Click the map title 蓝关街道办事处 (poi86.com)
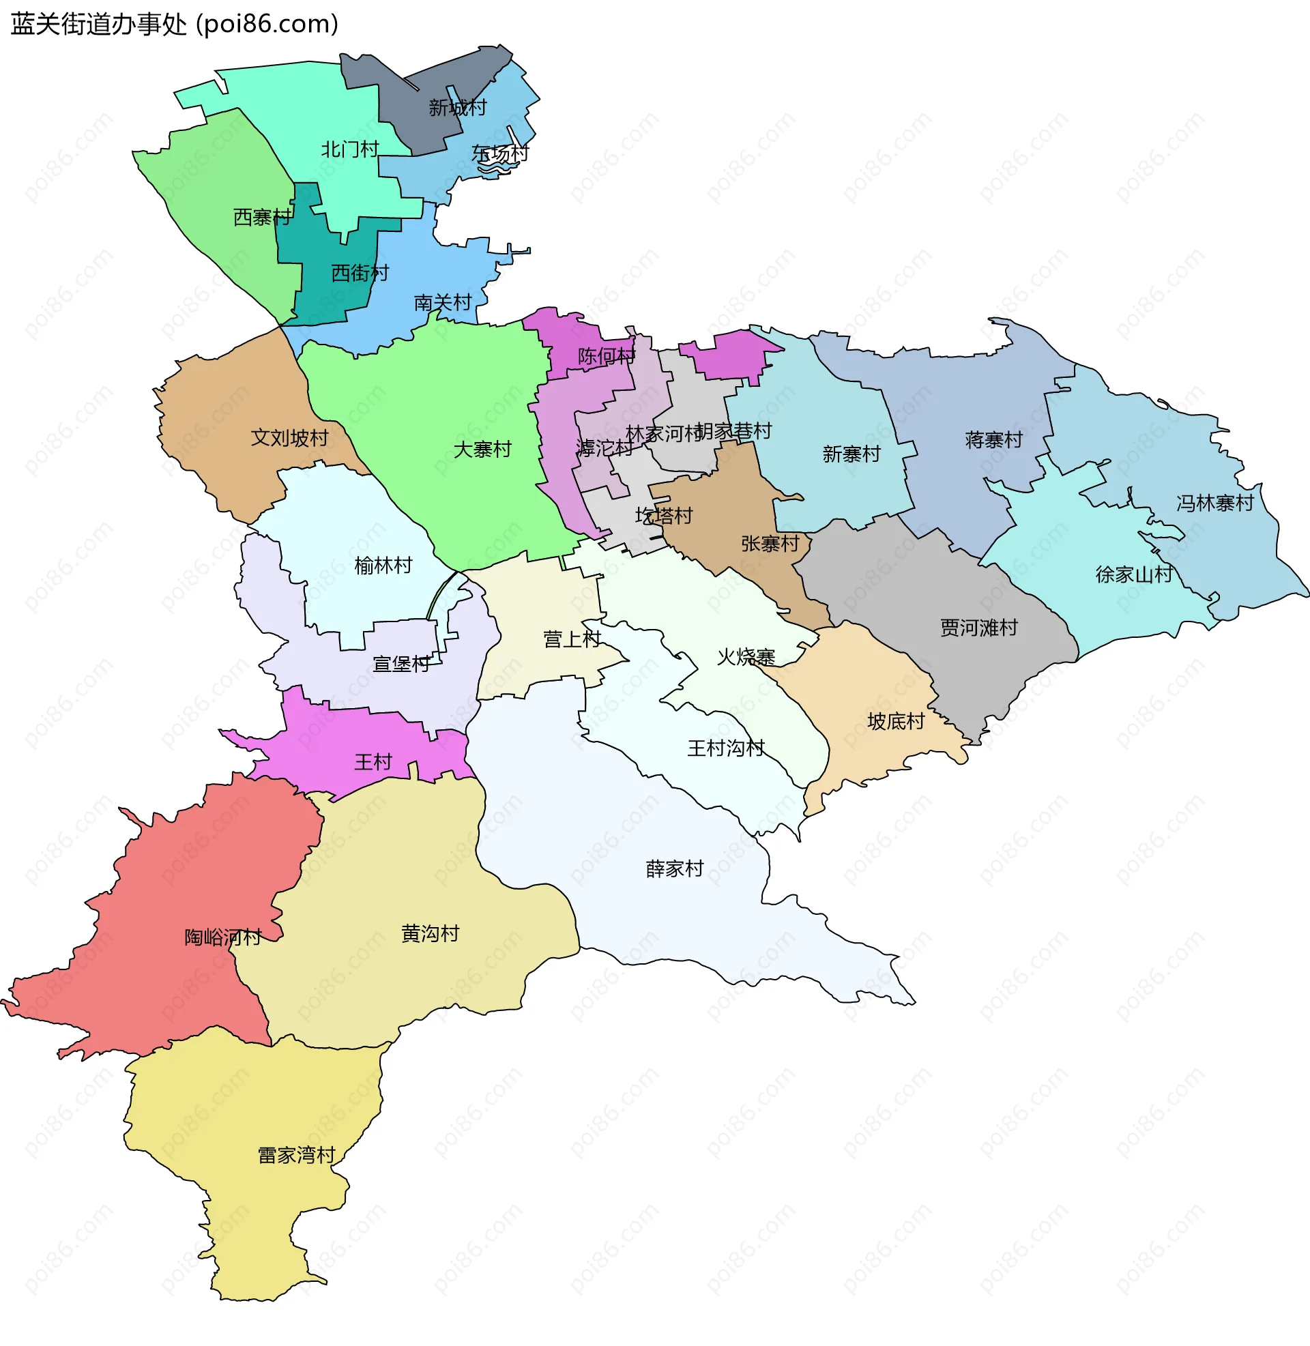[x=174, y=24]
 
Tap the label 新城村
[x=458, y=107]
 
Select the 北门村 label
[x=349, y=149]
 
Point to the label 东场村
[x=500, y=153]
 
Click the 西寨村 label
[x=262, y=218]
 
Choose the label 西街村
[x=360, y=273]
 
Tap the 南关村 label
[x=442, y=303]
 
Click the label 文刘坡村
[x=290, y=437]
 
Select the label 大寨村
[x=482, y=449]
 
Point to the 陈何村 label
[x=606, y=355]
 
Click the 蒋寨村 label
[x=993, y=439]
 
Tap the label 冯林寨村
[x=1215, y=503]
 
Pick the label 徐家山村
[x=1134, y=574]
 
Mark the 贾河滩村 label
[x=978, y=627]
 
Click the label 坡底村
[x=896, y=721]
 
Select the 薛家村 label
[x=674, y=868]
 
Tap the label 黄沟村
[x=430, y=933]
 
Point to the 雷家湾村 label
[x=297, y=1155]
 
